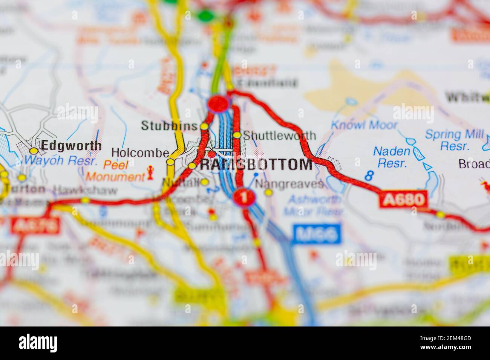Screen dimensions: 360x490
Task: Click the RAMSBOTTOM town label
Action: [256, 165]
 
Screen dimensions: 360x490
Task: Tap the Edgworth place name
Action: [71, 146]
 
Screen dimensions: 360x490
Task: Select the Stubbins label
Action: [169, 126]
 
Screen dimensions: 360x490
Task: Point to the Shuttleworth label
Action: [280, 136]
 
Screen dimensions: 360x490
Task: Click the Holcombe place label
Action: [140, 153]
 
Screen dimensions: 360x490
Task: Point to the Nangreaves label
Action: [289, 184]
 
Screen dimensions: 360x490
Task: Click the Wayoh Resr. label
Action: [61, 161]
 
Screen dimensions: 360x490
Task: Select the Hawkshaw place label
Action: [86, 190]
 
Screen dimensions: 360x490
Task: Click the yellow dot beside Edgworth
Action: [34, 151]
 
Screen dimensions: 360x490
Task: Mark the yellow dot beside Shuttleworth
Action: [237, 135]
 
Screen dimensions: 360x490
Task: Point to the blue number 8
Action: [369, 175]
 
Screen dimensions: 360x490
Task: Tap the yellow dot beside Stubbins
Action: [204, 127]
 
